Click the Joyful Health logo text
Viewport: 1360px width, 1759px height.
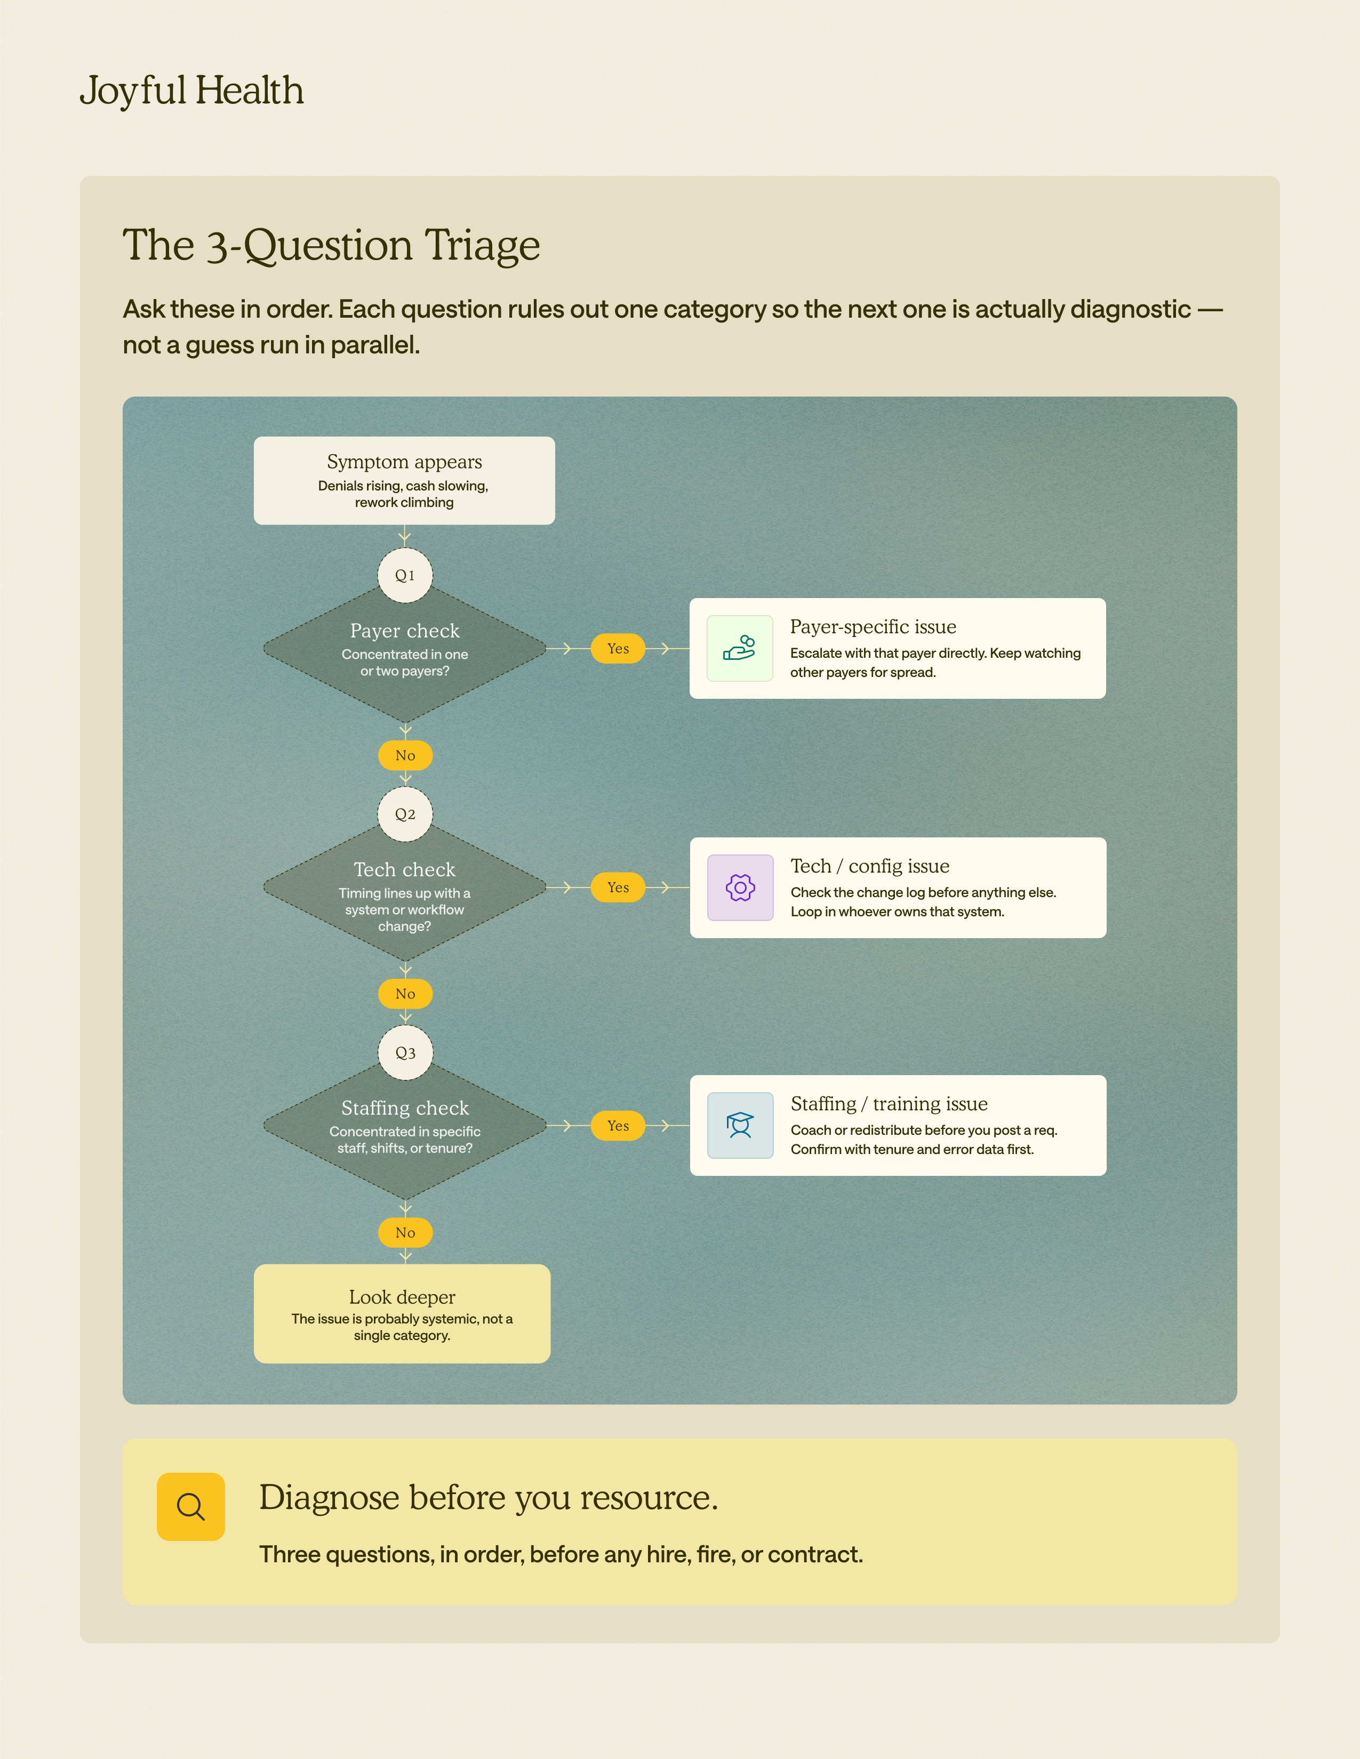coord(192,90)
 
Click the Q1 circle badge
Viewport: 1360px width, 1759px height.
coord(405,575)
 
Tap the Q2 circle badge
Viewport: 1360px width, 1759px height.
coord(405,814)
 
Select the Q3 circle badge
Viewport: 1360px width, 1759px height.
coord(405,1053)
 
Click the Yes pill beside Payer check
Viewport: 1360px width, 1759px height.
coord(618,648)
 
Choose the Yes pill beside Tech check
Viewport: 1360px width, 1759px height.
coord(618,887)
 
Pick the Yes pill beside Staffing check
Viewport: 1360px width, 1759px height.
coord(618,1126)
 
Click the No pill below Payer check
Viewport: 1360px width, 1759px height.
coord(405,755)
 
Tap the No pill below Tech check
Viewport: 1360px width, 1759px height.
coord(405,994)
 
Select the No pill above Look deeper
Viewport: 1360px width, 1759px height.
coord(405,1233)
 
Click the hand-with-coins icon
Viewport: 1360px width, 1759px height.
coord(740,648)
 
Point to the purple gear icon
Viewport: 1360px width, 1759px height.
coord(740,887)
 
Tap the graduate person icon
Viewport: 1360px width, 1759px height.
coord(740,1126)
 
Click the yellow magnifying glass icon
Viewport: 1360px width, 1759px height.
coord(191,1507)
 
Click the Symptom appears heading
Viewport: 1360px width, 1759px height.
coord(404,462)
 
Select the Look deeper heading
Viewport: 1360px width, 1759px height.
coord(402,1297)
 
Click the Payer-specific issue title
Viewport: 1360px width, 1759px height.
coord(874,627)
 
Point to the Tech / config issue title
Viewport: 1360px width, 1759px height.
coord(870,867)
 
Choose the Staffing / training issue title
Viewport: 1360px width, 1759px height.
coord(890,1104)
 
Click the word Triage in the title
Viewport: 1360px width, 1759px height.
coord(483,246)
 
